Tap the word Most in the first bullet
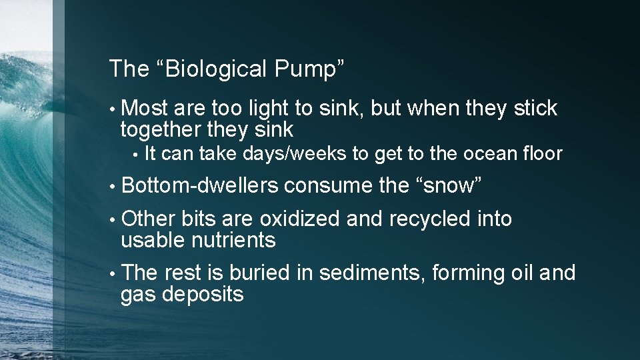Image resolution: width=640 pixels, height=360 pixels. click(x=146, y=108)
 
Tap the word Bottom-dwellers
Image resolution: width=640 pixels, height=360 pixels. click(x=200, y=186)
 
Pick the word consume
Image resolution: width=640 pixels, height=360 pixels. click(x=328, y=186)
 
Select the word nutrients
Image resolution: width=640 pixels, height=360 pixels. click(x=233, y=239)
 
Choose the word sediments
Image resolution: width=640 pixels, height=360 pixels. click(x=374, y=273)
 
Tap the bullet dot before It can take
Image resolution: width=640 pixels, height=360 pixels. click(x=135, y=155)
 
